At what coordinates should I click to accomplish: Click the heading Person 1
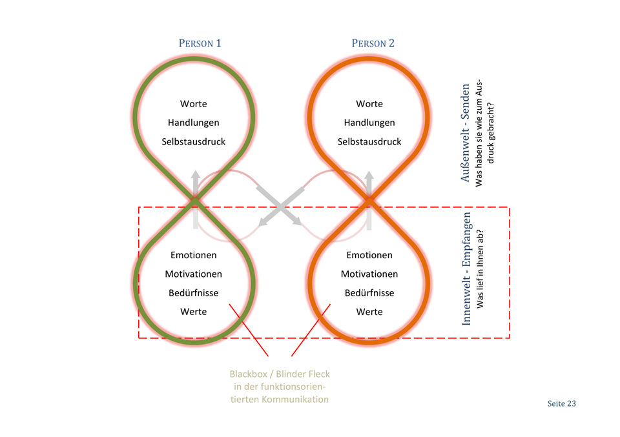point(200,44)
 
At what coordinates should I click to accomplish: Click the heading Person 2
point(373,44)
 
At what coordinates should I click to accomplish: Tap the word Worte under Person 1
point(194,104)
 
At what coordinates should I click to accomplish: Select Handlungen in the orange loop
point(369,123)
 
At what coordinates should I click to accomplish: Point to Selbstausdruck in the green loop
point(194,141)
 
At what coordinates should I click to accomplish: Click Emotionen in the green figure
point(194,255)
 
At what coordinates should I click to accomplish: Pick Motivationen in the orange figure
point(369,274)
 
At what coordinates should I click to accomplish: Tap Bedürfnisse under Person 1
point(194,292)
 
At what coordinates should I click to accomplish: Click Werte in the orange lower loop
point(369,312)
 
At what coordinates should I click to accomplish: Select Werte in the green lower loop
point(194,312)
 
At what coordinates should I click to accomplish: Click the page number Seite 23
point(561,404)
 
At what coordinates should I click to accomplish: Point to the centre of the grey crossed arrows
point(281,205)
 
